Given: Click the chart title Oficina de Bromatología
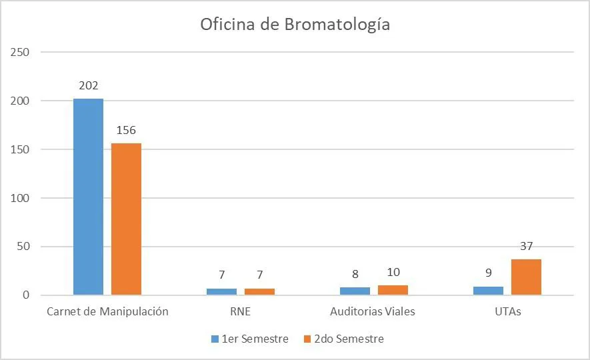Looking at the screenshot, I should click(295, 25).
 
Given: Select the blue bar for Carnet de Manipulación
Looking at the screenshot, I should click(88, 197).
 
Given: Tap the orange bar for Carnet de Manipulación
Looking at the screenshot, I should click(126, 219).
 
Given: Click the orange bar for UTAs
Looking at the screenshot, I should click(526, 277).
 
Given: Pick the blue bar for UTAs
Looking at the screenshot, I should click(488, 291).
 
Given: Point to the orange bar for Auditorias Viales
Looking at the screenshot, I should click(393, 290).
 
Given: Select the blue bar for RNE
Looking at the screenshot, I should click(221, 291).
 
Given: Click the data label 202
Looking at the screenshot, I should click(88, 86).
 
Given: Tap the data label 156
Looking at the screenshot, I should click(126, 131).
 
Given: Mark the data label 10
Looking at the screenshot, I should click(393, 272).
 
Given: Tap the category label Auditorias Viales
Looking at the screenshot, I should click(373, 312).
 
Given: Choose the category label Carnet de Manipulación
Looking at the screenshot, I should click(107, 312).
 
